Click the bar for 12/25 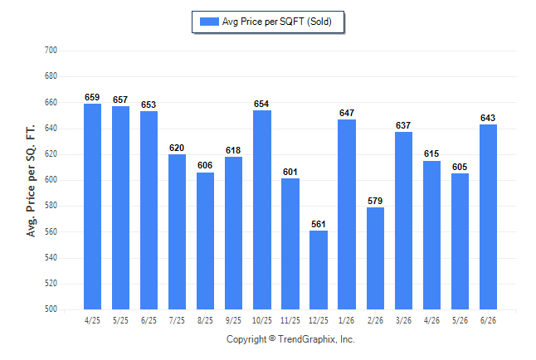click(x=319, y=270)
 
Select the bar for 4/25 click(x=92, y=207)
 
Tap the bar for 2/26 click(x=375, y=259)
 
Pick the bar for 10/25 click(x=262, y=210)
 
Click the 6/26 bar click(x=488, y=216)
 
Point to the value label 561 click(x=319, y=224)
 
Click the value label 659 click(x=92, y=97)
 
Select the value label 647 click(x=347, y=113)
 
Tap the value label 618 click(x=233, y=150)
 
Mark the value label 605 click(x=460, y=167)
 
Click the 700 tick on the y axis click(x=51, y=51)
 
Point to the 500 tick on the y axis click(x=51, y=309)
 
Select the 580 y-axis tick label click(x=51, y=206)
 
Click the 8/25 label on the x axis click(x=205, y=321)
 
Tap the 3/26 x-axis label click(x=403, y=321)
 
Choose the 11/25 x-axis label click(x=290, y=321)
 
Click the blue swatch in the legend click(x=209, y=22)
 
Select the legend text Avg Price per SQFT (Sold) click(x=277, y=22)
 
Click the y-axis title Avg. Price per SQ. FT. click(x=31, y=181)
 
